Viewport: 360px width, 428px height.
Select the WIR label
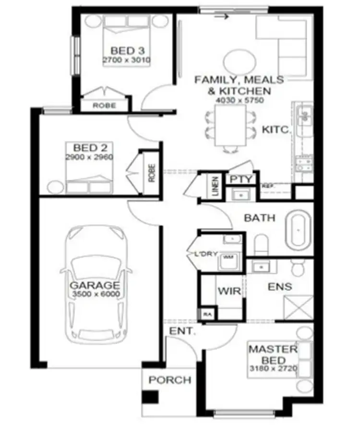point(226,291)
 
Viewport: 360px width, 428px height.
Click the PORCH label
point(169,380)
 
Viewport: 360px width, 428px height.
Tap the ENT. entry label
point(180,331)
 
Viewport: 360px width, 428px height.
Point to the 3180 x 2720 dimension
point(273,369)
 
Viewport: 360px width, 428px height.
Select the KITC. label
point(276,130)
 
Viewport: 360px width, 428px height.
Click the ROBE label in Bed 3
point(104,105)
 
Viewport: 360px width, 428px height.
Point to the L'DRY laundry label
point(209,255)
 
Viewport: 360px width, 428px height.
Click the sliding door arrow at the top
point(221,17)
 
